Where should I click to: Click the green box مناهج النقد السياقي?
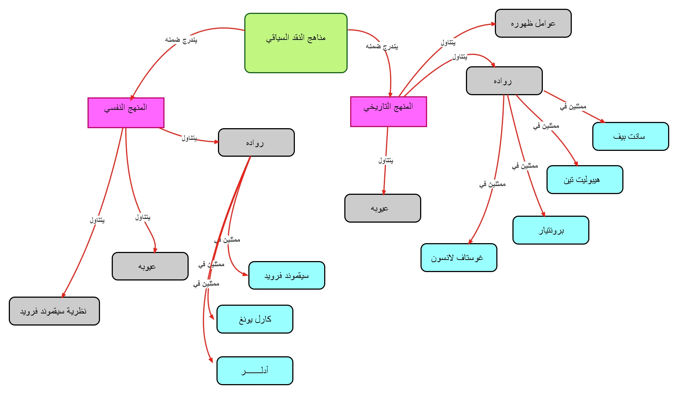tap(296, 43)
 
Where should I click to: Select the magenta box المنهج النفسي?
tap(126, 112)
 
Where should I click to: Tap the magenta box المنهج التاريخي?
tap(388, 111)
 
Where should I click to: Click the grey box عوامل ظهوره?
tap(533, 23)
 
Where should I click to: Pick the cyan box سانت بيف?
tap(630, 136)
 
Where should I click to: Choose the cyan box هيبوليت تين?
tap(585, 179)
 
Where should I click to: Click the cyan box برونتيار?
tap(551, 230)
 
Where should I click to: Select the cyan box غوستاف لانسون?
tap(459, 257)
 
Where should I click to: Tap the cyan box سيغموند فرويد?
tap(286, 275)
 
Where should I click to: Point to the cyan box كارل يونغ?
tap(255, 319)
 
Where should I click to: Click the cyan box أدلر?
tap(255, 371)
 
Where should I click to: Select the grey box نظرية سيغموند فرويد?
tap(54, 311)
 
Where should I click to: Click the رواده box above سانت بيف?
tap(504, 81)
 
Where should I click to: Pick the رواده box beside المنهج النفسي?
tap(256, 142)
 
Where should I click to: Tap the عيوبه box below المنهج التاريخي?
tap(382, 208)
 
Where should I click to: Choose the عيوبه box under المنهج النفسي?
tap(150, 266)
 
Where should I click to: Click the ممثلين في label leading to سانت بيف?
tap(573, 107)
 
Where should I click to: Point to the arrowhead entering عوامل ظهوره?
tap(493, 24)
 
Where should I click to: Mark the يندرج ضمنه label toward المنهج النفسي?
tap(181, 40)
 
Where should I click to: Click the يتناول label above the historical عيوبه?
tap(386, 160)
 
